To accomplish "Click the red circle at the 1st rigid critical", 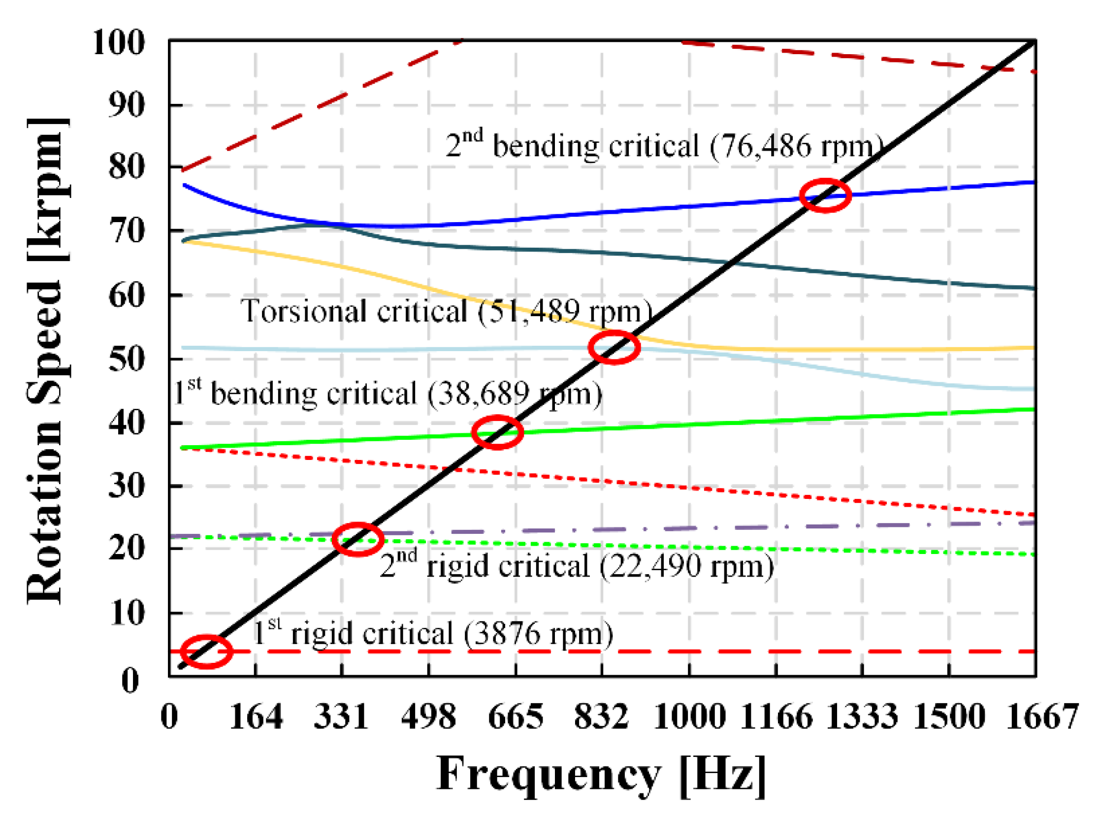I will coord(206,652).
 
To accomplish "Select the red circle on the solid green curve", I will coord(497,432).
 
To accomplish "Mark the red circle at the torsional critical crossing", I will coord(614,347).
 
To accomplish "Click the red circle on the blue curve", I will coord(825,196).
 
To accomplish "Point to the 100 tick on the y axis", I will coord(119,42).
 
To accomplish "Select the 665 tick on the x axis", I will coord(515,716).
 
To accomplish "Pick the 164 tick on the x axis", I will coord(256,716).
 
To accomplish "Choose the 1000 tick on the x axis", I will coord(689,716).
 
